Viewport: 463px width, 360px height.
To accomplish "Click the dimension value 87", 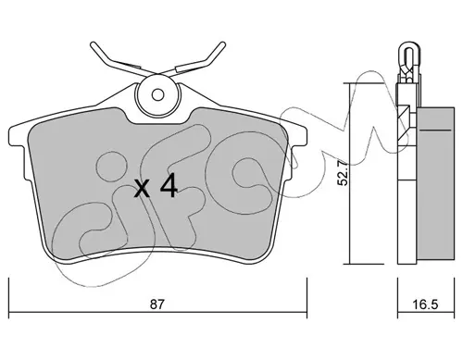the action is pyautogui.click(x=156, y=304).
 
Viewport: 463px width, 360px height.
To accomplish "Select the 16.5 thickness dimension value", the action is pyautogui.click(x=426, y=304).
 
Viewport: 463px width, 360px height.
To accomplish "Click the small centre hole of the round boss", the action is pyautogui.click(x=157, y=94).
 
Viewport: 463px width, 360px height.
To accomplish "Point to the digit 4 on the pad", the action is pyautogui.click(x=169, y=185).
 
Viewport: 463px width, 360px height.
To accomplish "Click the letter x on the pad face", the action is pyautogui.click(x=143, y=189).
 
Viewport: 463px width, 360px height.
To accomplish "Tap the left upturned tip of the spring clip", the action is pyautogui.click(x=93, y=45).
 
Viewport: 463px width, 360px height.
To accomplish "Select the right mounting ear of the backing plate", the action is pyautogui.click(x=299, y=136).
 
